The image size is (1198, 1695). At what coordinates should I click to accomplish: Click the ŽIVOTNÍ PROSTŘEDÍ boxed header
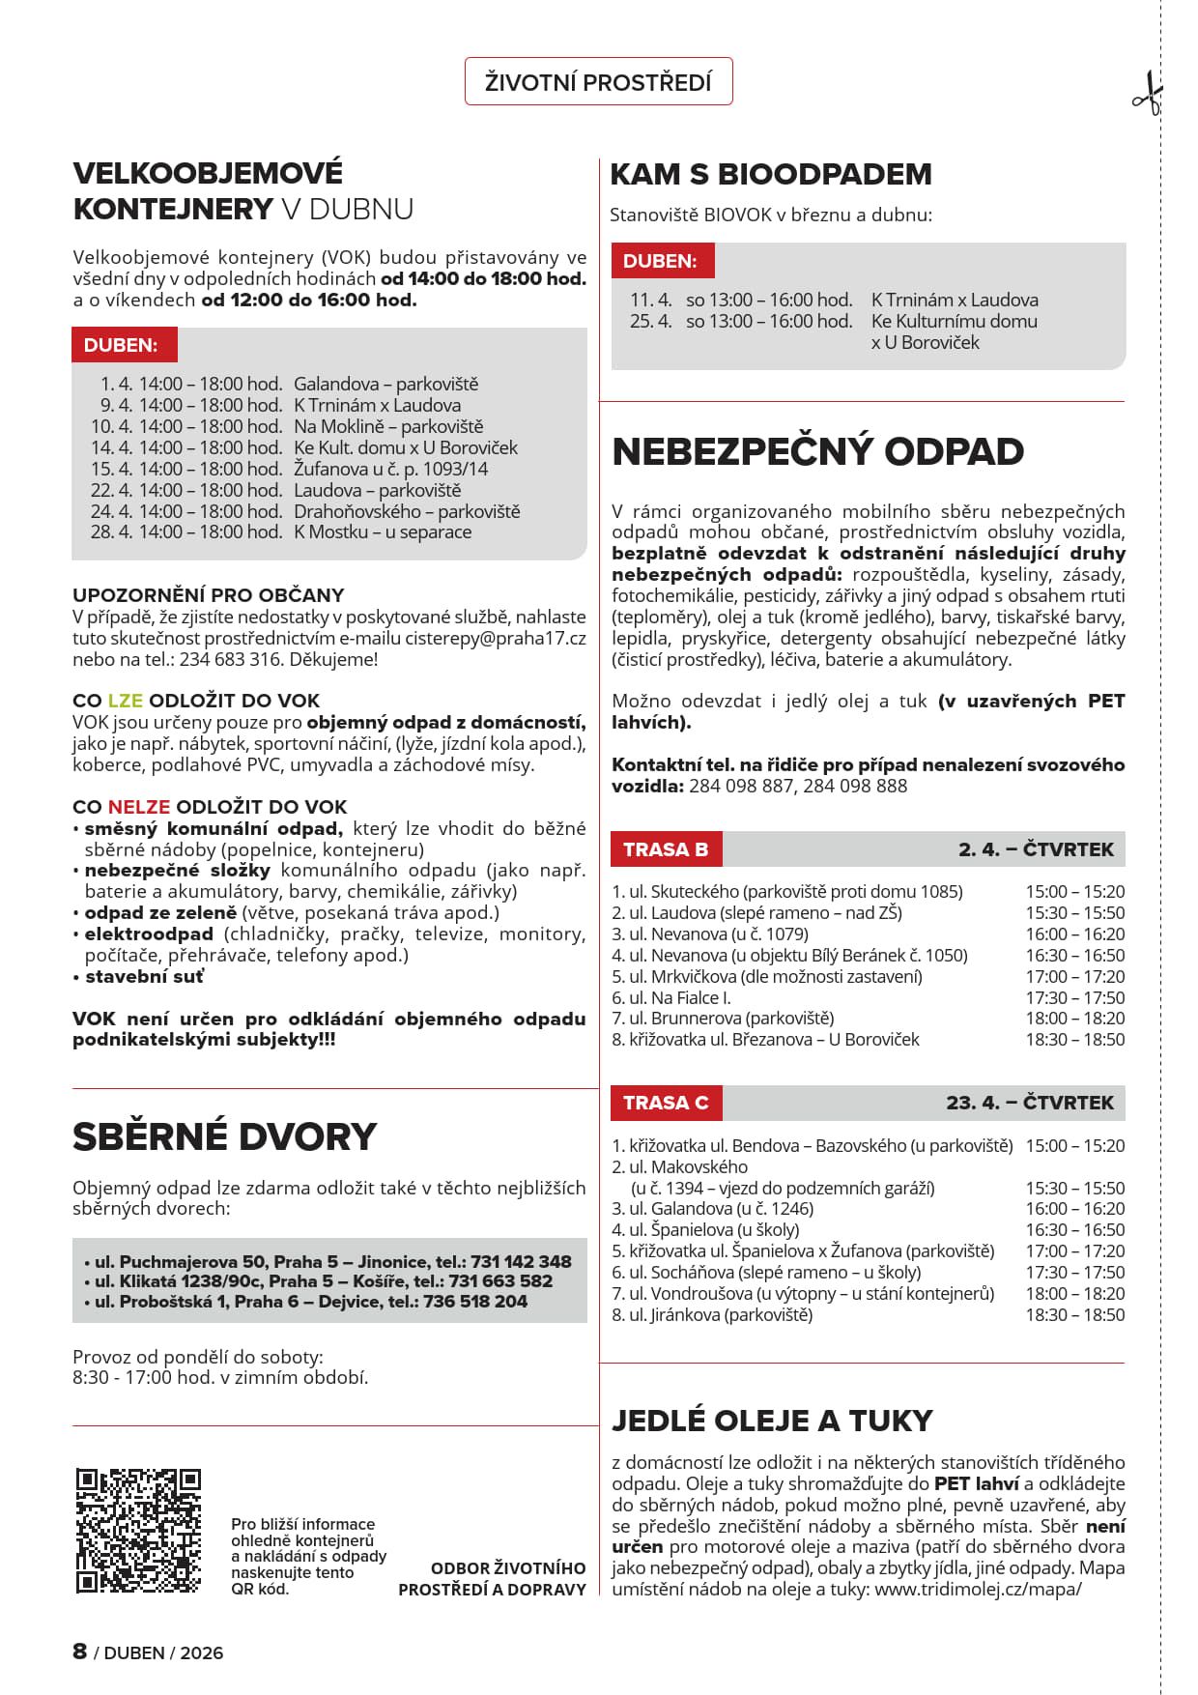[598, 82]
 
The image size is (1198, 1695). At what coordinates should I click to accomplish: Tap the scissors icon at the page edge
[1147, 95]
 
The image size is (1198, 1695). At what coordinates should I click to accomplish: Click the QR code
[138, 1531]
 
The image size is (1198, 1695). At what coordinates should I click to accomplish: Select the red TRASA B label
[666, 849]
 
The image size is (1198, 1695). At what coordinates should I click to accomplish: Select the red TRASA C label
[666, 1103]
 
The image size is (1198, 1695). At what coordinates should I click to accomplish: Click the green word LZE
[125, 701]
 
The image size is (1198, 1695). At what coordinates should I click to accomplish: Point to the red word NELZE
[138, 806]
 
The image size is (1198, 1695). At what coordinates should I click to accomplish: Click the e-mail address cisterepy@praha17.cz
[495, 638]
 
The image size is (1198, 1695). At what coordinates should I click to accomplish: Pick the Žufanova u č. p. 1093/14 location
[390, 469]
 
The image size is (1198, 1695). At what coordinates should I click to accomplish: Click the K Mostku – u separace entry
[383, 531]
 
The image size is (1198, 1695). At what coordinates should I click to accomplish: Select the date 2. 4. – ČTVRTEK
[1036, 849]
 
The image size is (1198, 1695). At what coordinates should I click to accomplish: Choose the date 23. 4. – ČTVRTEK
[1029, 1103]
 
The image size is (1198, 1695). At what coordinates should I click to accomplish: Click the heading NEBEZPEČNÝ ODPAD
[817, 451]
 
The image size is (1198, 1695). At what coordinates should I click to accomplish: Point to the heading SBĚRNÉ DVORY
[224, 1136]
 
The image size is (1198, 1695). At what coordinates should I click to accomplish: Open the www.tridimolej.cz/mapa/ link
[978, 1589]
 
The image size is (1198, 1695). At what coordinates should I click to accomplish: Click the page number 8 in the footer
[80, 1651]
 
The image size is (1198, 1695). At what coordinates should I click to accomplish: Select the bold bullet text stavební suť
[144, 976]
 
